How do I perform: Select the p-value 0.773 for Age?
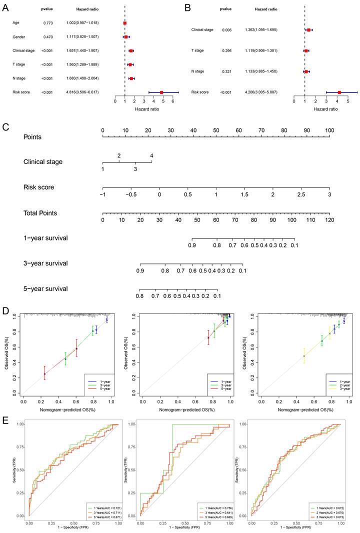pyautogui.click(x=47, y=23)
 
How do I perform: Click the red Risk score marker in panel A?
pyautogui.click(x=161, y=92)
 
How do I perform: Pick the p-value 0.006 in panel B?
pyautogui.click(x=227, y=30)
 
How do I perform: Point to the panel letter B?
pyautogui.click(x=188, y=8)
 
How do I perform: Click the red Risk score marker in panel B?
pyautogui.click(x=339, y=92)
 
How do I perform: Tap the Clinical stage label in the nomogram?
pyautogui.click(x=43, y=162)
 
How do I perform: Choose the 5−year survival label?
pyautogui.click(x=45, y=289)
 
